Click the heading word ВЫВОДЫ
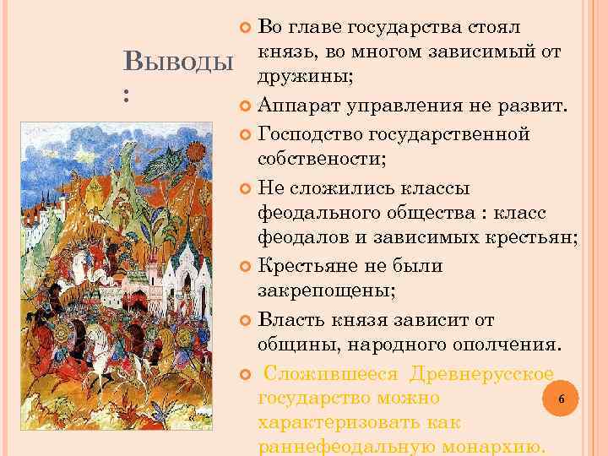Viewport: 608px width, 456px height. [178, 62]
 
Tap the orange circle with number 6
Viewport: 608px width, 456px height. [562, 399]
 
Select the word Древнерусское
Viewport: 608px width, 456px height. [481, 373]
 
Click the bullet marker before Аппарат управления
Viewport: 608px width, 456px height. [246, 106]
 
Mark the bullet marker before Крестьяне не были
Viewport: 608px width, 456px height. [246, 267]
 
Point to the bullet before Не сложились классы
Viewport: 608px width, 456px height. [246, 188]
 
